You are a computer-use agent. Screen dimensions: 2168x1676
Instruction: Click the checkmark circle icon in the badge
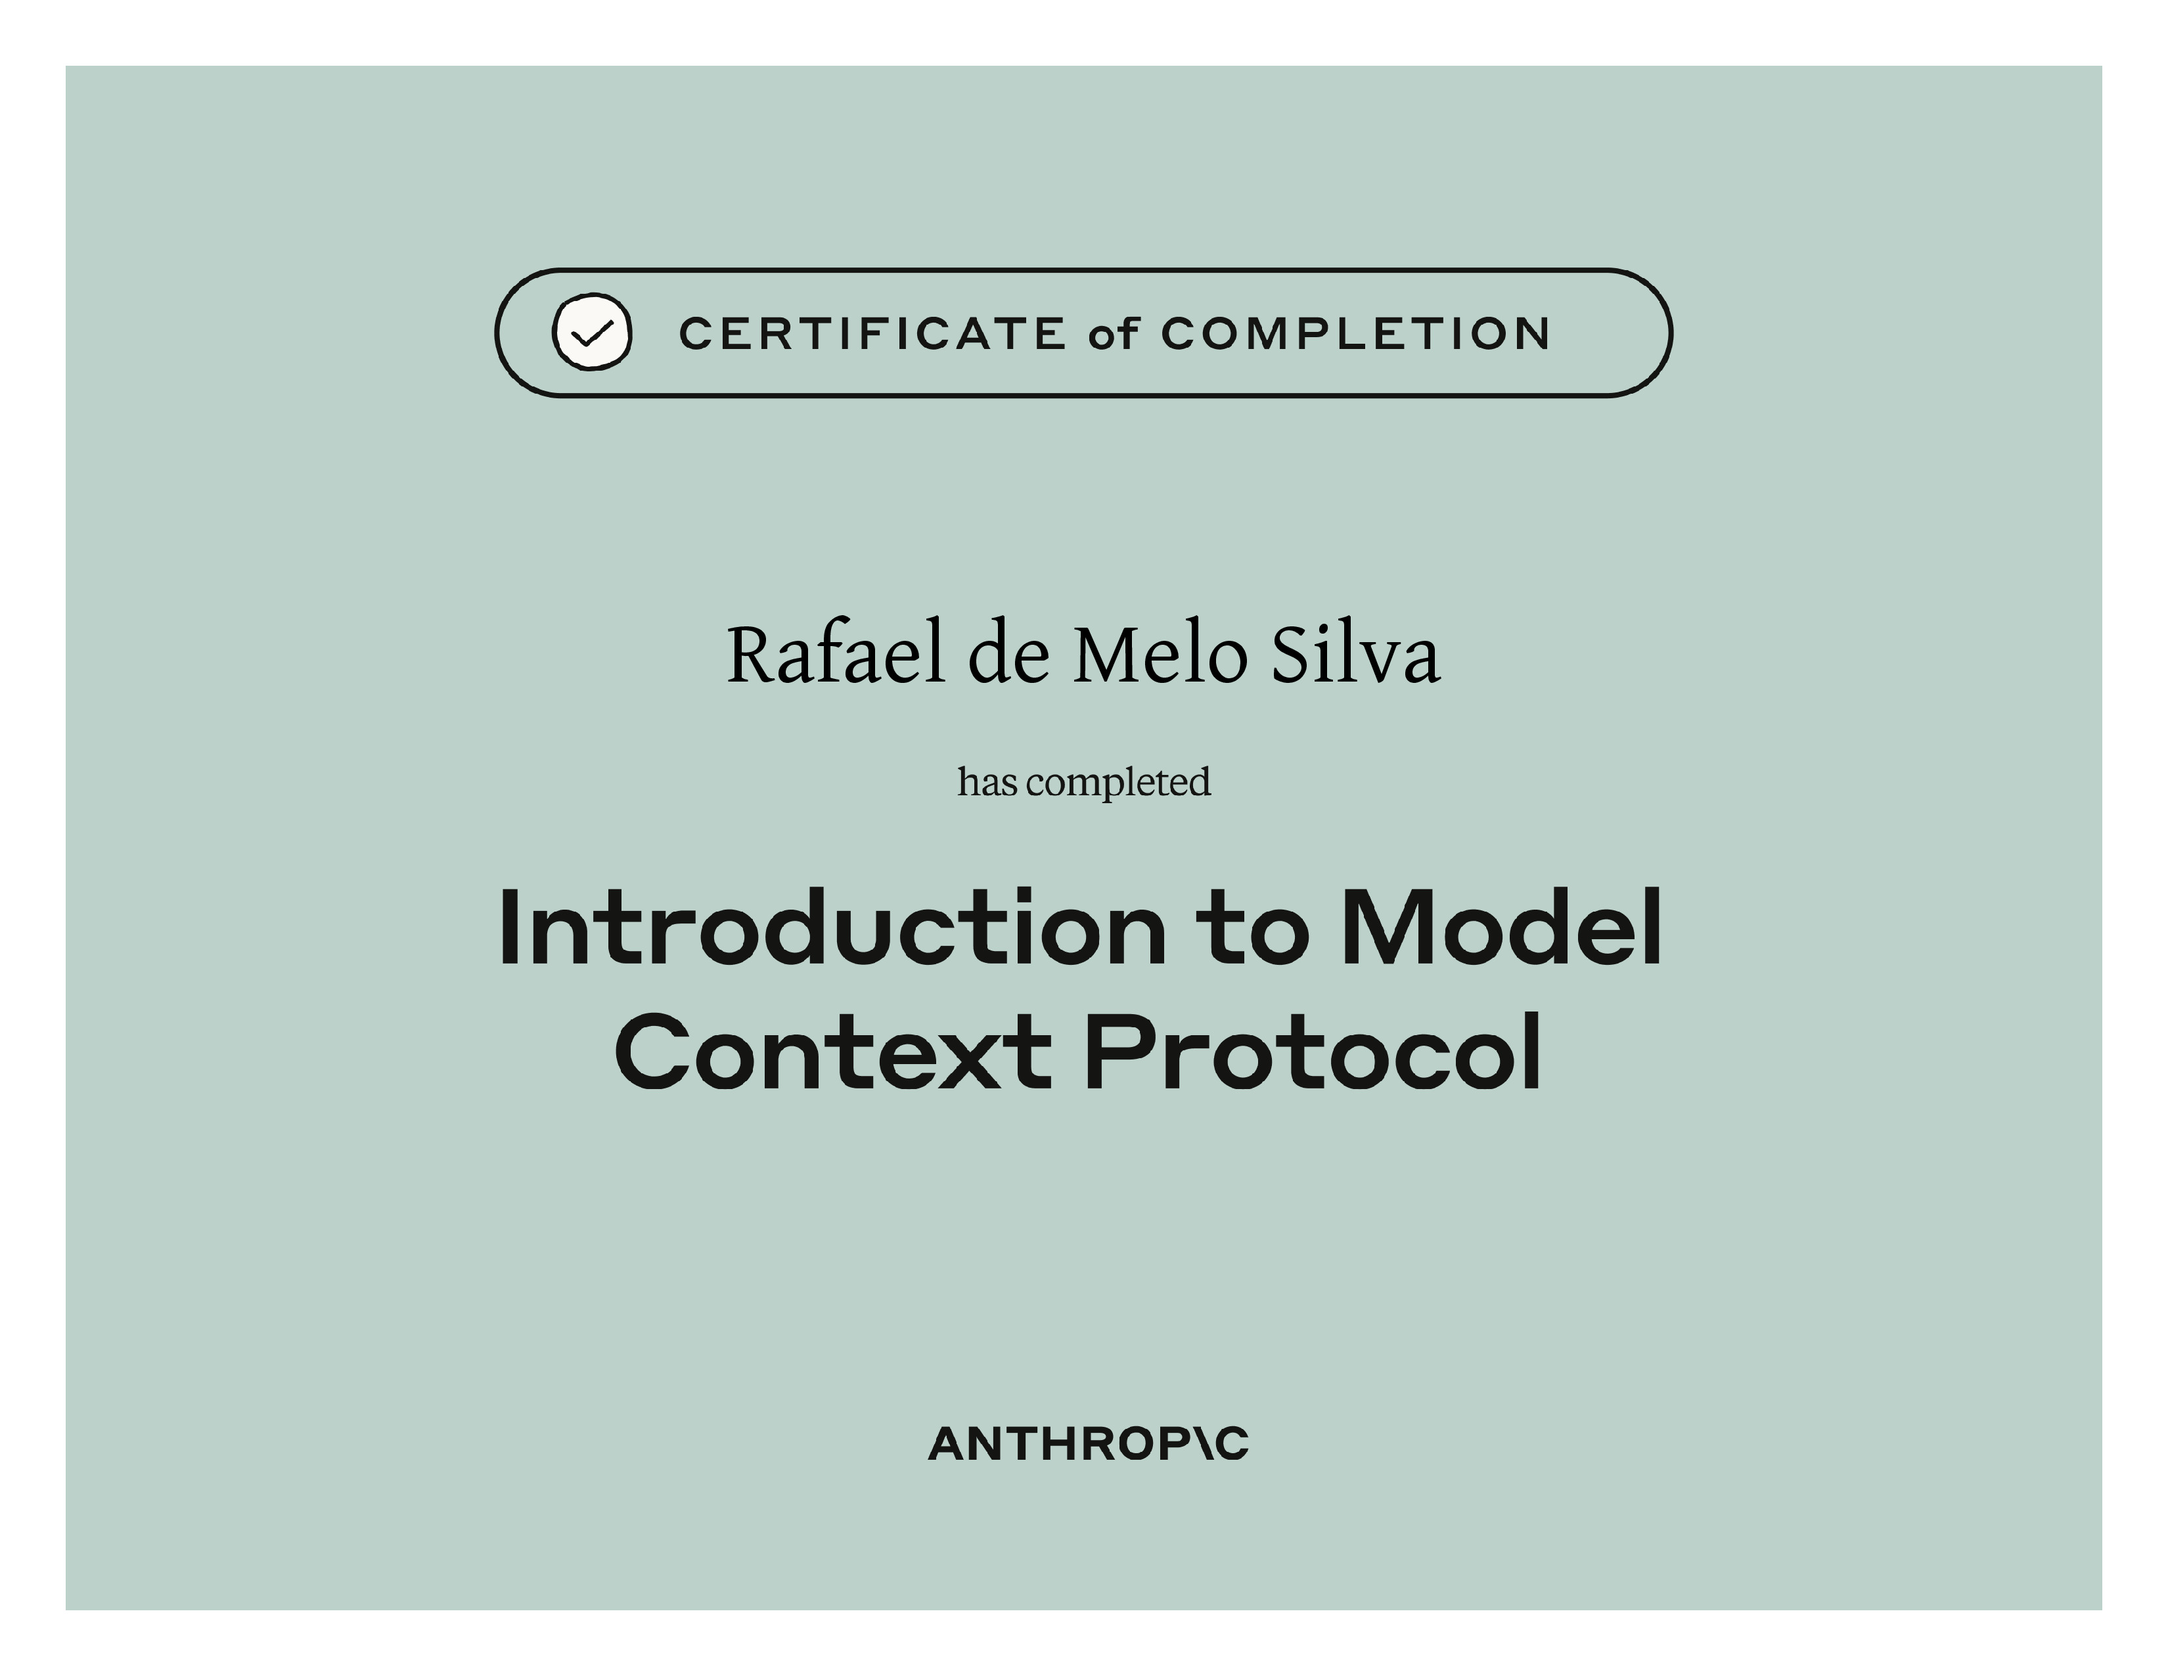tap(592, 333)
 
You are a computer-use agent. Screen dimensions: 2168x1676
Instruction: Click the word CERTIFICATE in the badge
tap(872, 334)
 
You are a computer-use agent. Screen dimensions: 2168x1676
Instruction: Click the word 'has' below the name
tap(987, 782)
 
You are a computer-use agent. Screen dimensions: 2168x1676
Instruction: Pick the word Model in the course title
tap(1502, 927)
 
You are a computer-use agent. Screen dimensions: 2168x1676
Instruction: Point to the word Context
tap(833, 1052)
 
